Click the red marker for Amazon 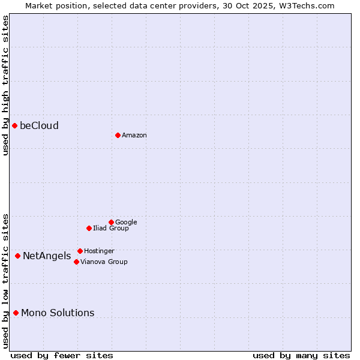[x=118, y=135]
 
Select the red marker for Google [x=111, y=222]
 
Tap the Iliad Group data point [x=89, y=228]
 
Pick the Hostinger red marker [x=80, y=251]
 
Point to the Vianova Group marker [x=76, y=262]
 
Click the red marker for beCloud [x=14, y=125]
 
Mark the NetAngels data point [x=17, y=256]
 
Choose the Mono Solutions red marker [x=16, y=313]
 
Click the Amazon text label [x=134, y=135]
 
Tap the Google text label [x=126, y=222]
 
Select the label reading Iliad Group [x=111, y=228]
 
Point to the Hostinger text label [x=99, y=251]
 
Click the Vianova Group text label [x=104, y=262]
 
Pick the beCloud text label [x=39, y=125]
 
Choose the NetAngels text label [x=47, y=256]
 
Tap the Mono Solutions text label [x=58, y=313]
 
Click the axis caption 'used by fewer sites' [x=62, y=355]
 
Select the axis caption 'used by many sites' [x=301, y=355]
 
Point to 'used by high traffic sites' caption [x=5, y=85]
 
